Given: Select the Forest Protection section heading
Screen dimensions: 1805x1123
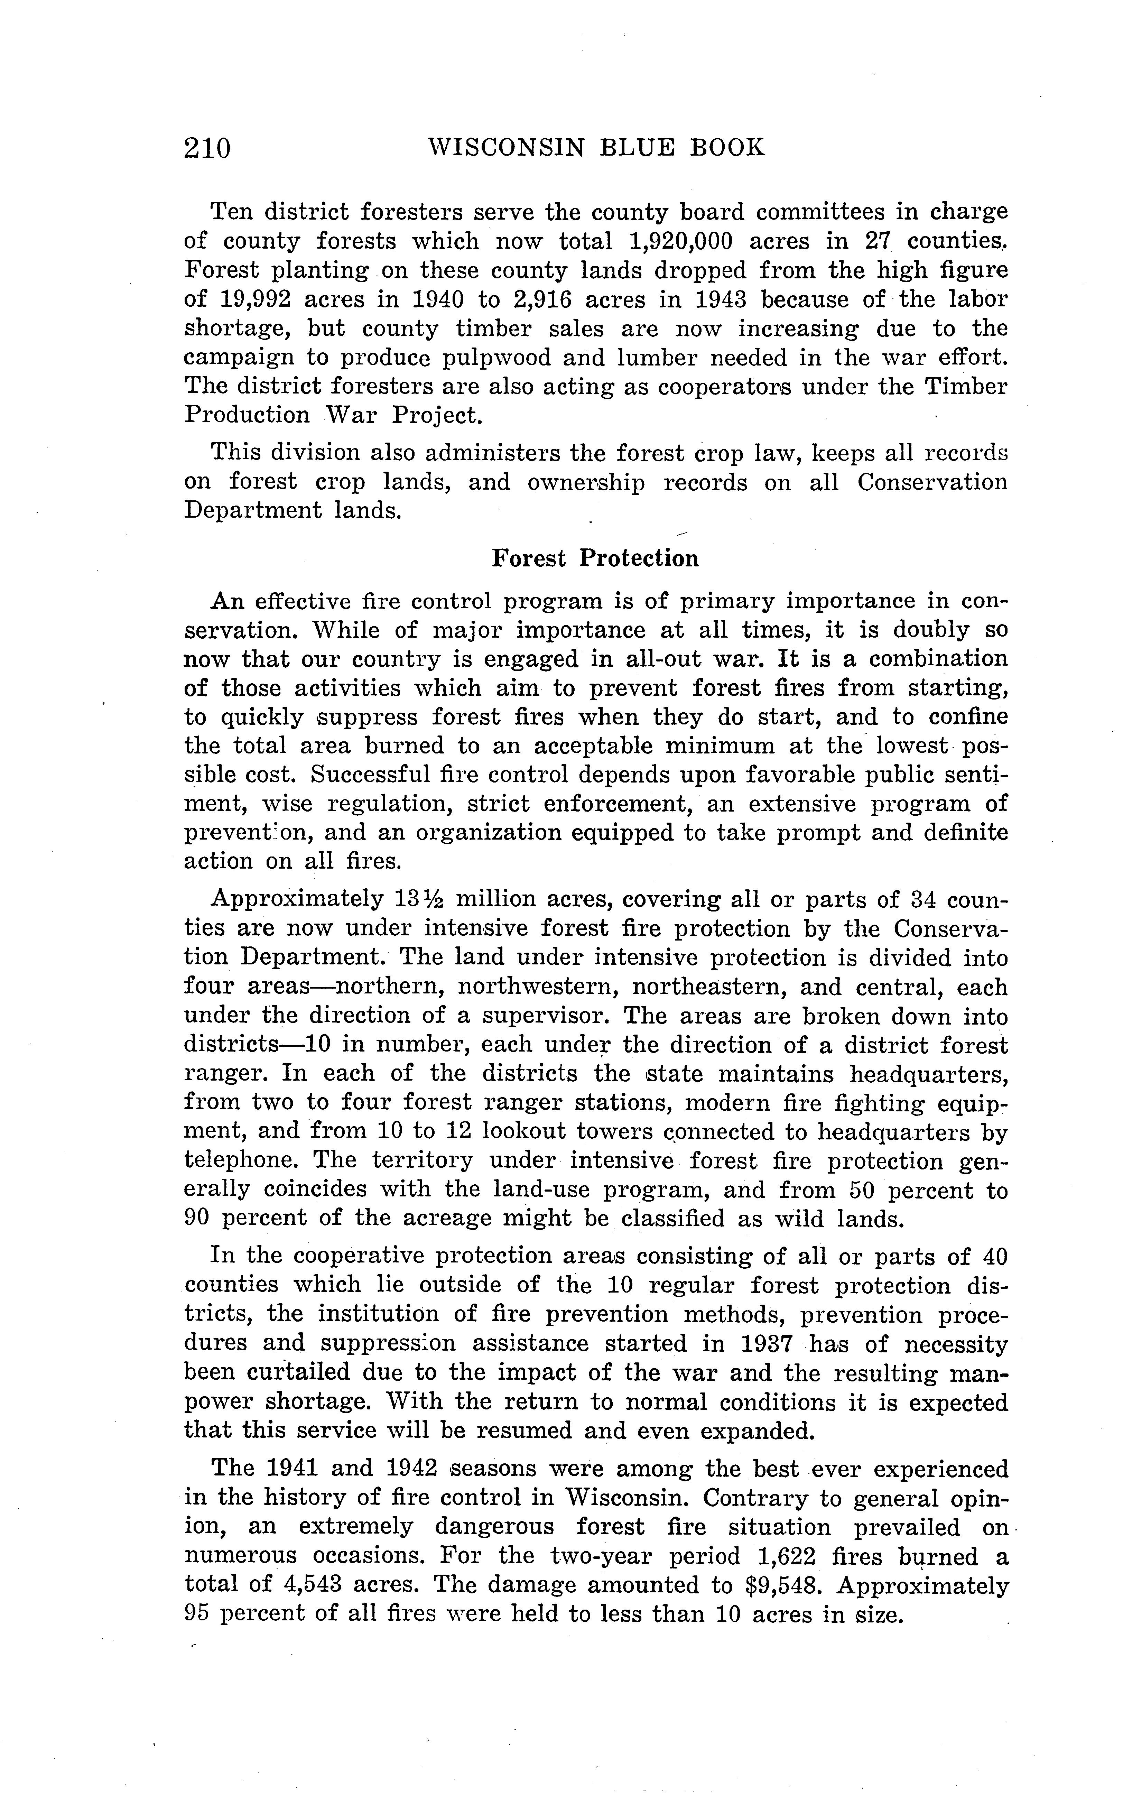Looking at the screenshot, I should (595, 558).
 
